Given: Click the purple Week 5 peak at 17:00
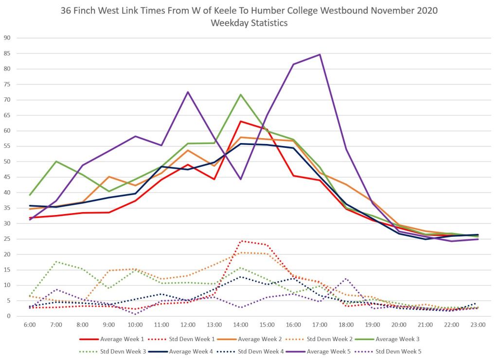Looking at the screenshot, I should coord(320,54).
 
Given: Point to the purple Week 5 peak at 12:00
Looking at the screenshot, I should coord(188,91).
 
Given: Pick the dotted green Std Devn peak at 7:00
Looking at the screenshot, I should coord(56,261).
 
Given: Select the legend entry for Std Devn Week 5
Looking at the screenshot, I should coord(396,351).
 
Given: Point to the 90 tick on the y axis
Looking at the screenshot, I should coord(7,38).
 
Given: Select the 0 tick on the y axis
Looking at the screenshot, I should coord(9,316).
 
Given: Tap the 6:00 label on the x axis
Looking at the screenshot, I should coord(30,324).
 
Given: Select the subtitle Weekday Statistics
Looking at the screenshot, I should coord(249,23).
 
